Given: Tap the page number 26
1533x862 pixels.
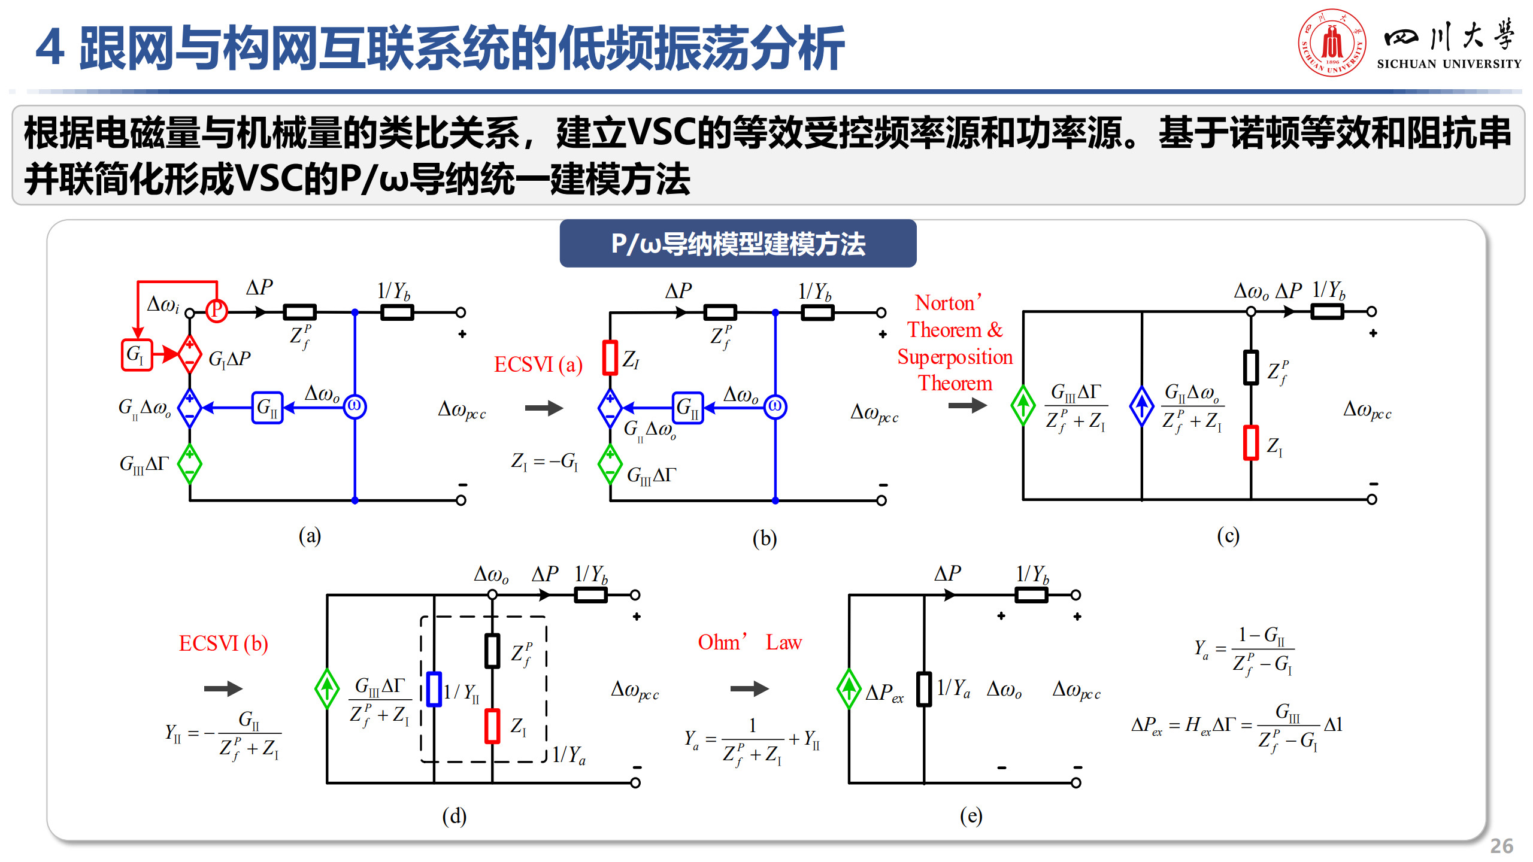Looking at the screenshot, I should tap(1501, 846).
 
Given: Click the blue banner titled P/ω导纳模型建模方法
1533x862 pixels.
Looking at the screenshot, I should tap(738, 244).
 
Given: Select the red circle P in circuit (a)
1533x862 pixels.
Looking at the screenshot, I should tap(216, 311).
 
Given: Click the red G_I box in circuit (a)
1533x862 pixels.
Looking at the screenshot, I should tap(137, 355).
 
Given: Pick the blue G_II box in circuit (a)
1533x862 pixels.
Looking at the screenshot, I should tap(267, 408).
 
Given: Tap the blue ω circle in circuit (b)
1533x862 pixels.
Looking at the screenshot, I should tap(775, 407).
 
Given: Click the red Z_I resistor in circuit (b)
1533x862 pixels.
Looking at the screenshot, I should tap(610, 357).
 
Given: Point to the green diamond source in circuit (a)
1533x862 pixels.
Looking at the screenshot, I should tap(190, 464).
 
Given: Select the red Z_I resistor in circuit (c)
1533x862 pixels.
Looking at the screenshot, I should tap(1250, 442).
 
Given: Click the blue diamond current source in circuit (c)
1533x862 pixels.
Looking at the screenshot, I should tap(1141, 406).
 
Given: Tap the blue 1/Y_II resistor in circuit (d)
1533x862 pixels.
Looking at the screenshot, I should tap(434, 690).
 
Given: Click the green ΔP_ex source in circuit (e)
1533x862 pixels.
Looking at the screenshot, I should tap(849, 688).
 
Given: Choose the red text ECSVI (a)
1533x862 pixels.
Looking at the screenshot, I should tap(538, 365).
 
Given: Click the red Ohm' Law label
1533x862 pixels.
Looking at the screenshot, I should tap(749, 642).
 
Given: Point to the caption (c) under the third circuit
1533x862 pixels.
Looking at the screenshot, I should tap(1228, 535).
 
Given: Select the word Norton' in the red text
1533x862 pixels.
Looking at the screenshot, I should tap(948, 303).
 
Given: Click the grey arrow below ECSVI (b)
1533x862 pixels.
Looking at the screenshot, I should tap(223, 688).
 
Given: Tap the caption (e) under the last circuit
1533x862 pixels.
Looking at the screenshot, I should tap(971, 815).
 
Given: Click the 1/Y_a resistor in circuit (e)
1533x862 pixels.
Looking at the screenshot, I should tap(924, 690).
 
